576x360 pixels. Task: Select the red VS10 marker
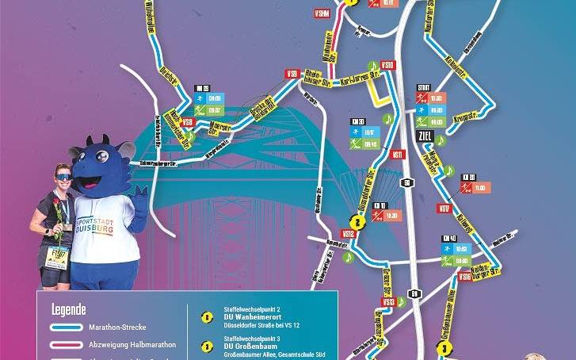click(387, 64)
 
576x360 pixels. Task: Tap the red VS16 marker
click(464, 278)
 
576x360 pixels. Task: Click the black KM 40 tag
click(449, 238)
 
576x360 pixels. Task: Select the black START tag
click(423, 88)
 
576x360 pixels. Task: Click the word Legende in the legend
click(68, 308)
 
